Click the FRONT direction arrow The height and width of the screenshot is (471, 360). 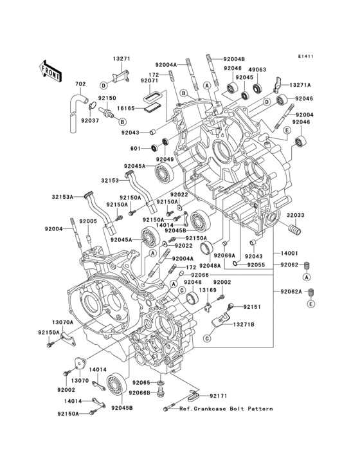tap(51, 69)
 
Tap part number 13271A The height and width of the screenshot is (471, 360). tap(300, 85)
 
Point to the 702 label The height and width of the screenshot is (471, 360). tap(80, 84)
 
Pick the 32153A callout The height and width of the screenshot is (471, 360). tap(62, 196)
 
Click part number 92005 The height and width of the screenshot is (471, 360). tap(88, 221)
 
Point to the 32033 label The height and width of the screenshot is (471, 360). tap(296, 216)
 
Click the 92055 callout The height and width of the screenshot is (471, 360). tap(255, 264)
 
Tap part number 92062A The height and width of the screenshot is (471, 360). tap(290, 291)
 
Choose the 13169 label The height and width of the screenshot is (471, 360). tap(208, 290)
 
